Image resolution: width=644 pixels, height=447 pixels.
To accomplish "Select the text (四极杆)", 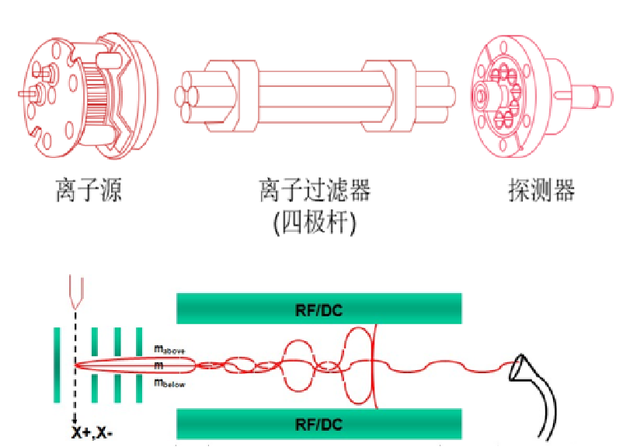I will pyautogui.click(x=314, y=223).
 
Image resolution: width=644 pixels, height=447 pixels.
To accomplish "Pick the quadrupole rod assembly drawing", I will pyautogui.click(x=315, y=92).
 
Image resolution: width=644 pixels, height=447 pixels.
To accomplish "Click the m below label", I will pyautogui.click(x=170, y=382).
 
